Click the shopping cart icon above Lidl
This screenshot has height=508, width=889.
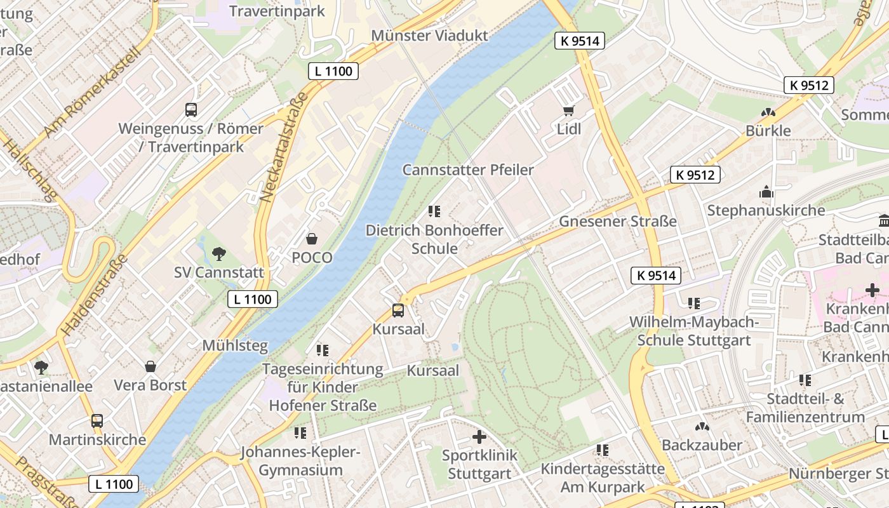[x=568, y=111]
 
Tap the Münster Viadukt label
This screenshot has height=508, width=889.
[x=430, y=36]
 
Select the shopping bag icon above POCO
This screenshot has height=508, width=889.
[x=312, y=239]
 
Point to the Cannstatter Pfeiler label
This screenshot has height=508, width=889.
[x=468, y=170]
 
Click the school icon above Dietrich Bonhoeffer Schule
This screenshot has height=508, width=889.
[x=434, y=211]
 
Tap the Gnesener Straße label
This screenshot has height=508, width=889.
[x=617, y=222]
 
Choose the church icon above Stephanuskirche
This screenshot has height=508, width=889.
[x=766, y=192]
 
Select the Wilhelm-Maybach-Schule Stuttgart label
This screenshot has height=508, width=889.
[x=694, y=331]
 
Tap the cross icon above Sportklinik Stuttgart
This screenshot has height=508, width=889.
[x=479, y=437]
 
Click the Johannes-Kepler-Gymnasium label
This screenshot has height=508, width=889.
[x=300, y=462]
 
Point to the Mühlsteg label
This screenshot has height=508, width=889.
[x=235, y=346]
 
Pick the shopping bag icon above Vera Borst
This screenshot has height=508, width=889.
[x=150, y=366]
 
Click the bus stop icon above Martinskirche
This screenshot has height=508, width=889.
[x=97, y=421]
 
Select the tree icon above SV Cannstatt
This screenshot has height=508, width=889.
[x=219, y=254]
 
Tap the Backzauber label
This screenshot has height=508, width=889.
[x=702, y=445]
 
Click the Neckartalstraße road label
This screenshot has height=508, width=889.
[x=284, y=147]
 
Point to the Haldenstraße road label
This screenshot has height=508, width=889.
[x=94, y=295]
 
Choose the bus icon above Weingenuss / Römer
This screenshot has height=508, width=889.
[x=191, y=110]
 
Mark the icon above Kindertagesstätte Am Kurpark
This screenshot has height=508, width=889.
[x=603, y=450]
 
